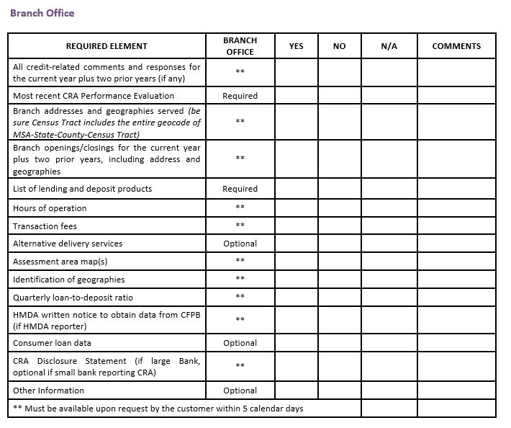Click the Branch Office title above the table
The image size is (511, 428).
(42, 13)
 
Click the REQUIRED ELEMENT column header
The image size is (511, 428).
(107, 46)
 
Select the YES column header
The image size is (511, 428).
(296, 46)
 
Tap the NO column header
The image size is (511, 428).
(339, 46)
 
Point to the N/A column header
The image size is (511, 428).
(389, 46)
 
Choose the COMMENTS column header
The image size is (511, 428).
(456, 46)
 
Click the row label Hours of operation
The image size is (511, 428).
(50, 208)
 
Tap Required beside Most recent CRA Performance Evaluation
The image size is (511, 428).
(240, 96)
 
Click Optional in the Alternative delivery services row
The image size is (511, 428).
(240, 244)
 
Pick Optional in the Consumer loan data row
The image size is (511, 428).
(240, 343)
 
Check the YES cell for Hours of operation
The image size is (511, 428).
(296, 208)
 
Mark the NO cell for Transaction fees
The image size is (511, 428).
(339, 226)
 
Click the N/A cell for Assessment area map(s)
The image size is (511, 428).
(389, 261)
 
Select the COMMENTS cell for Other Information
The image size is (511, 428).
(456, 391)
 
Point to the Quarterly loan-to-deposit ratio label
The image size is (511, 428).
(73, 298)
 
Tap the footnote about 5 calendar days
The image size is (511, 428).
(158, 409)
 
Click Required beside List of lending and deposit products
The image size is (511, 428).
(240, 189)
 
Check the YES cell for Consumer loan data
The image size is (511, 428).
(296, 343)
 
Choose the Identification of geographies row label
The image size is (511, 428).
(68, 280)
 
